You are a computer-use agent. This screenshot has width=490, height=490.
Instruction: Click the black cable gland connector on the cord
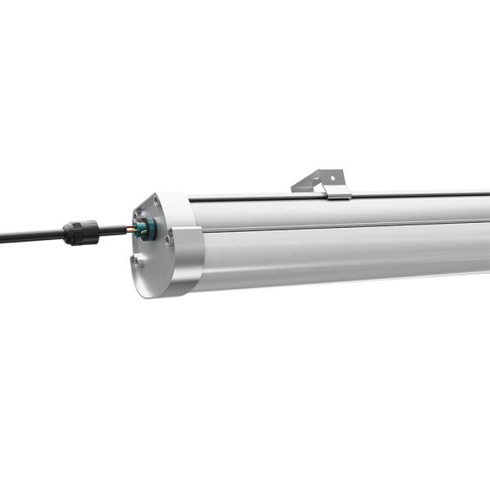pyautogui.click(x=81, y=233)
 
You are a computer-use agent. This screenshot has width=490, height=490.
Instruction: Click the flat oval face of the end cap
pyautogui.click(x=151, y=245)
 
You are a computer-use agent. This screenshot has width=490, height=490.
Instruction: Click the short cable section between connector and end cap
pyautogui.click(x=113, y=232)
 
